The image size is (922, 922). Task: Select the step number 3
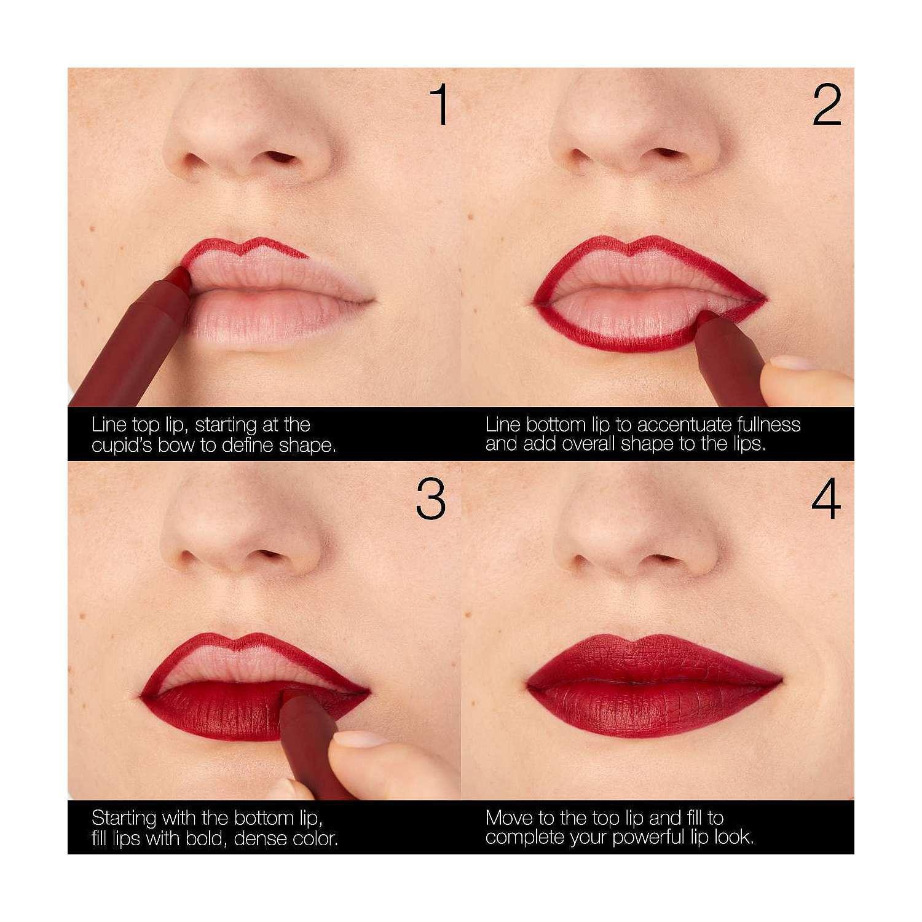(430, 498)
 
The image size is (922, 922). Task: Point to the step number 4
(826, 498)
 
